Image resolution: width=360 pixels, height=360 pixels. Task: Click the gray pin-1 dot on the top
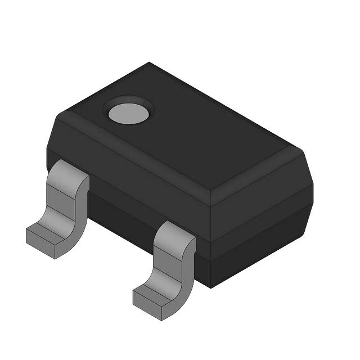[x=129, y=113]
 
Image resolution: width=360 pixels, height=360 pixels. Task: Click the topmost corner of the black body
[x=149, y=62]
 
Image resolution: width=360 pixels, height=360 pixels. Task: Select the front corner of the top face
[x=210, y=190]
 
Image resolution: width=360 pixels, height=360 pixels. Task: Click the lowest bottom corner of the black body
[x=211, y=287]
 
